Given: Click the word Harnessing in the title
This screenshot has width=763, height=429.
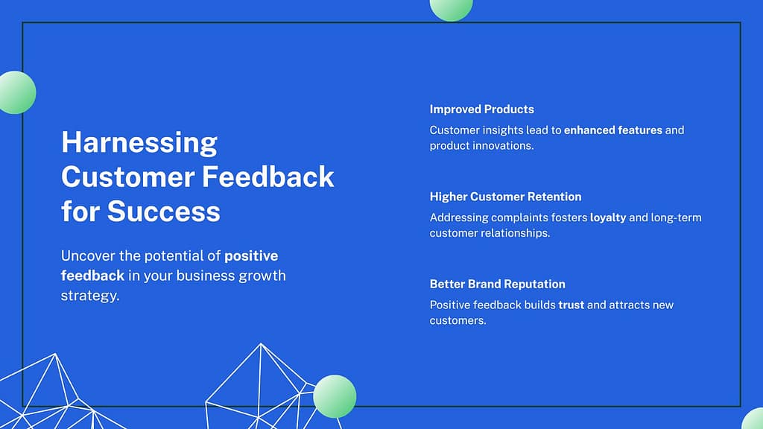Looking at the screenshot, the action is [139, 143].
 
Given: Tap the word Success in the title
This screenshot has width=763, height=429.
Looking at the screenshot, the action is [163, 211].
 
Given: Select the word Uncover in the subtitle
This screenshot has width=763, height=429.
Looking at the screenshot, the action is [88, 256].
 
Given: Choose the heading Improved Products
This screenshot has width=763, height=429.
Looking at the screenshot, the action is [482, 109].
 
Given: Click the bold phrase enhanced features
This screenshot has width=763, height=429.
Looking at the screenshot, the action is [613, 130].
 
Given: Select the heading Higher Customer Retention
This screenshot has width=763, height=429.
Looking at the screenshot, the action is [506, 197].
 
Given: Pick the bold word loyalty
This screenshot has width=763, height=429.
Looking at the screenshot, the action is [608, 218].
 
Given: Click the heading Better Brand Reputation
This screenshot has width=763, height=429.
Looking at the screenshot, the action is [497, 284].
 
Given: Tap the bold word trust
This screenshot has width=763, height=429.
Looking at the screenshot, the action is [572, 305].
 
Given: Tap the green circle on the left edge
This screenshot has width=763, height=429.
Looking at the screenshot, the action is [18, 92].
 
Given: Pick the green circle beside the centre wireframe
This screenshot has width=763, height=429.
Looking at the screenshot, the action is [335, 396].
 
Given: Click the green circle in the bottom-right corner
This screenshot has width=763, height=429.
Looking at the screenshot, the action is [753, 419].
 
